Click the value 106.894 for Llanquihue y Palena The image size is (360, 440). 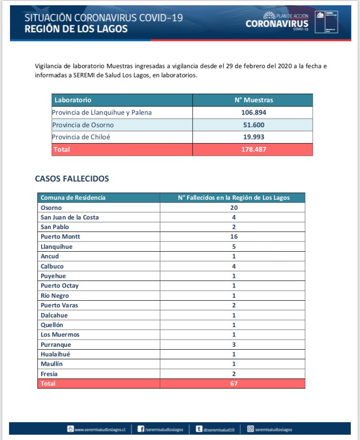[253, 112]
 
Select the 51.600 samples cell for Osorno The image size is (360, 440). [253, 125]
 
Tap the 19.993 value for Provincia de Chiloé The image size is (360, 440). [253, 137]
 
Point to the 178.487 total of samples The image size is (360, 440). [253, 149]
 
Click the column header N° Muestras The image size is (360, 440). [253, 100]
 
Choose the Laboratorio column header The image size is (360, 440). [73, 100]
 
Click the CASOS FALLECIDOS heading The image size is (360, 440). [72, 179]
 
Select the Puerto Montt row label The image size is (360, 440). [60, 236]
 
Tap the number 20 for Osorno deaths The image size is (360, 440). [234, 208]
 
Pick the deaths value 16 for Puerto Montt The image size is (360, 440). [234, 236]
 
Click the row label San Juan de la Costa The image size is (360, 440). [70, 217]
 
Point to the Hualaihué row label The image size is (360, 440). [57, 354]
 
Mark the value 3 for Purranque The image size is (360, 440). [234, 344]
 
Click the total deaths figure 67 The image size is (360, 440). [234, 383]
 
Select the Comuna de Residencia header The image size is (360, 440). [73, 197]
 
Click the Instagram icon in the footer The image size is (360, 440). [250, 429]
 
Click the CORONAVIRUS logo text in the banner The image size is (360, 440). [276, 24]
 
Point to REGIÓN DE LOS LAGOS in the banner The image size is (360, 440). [76, 29]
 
